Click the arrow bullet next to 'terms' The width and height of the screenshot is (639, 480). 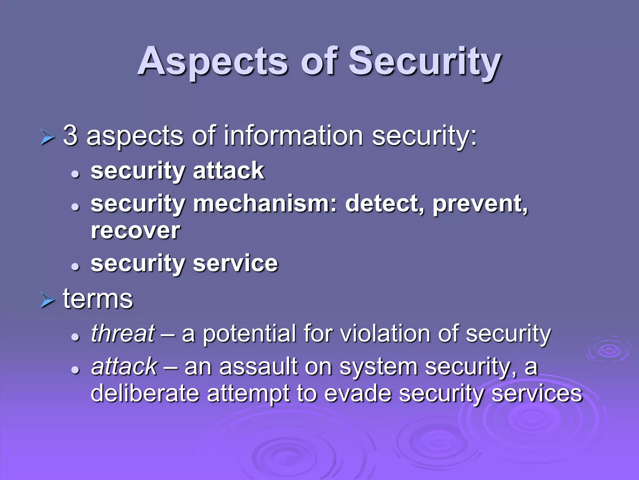coord(47,301)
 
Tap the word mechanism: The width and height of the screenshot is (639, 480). coord(265,203)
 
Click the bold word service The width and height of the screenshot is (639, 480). coord(235,263)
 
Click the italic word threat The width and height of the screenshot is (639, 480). coord(123,333)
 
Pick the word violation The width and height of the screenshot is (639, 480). coord(385,333)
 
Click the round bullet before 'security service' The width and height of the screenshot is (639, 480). coord(75,267)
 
